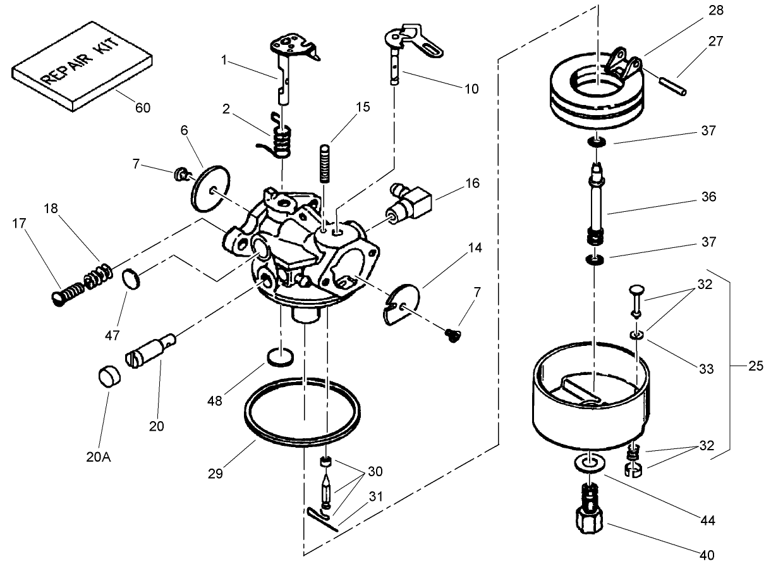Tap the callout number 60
[x=143, y=108]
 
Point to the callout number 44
[x=707, y=521]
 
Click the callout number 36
[x=709, y=197]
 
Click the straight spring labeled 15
[x=325, y=163]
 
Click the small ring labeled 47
[x=130, y=278]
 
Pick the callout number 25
[x=755, y=365]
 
